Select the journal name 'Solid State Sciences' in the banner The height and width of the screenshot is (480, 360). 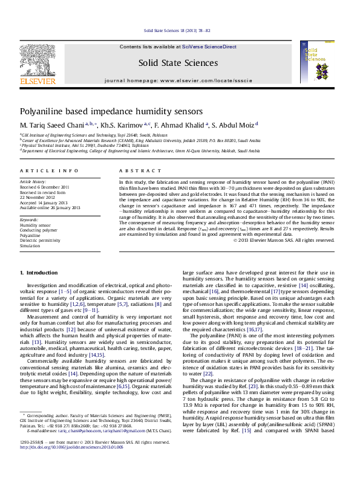(177, 63)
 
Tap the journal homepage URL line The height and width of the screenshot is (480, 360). (177, 80)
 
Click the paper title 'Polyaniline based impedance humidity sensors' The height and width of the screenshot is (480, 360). (103, 112)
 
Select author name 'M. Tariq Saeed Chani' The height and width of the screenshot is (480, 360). (52, 125)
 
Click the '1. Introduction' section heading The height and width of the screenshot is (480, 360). (39, 273)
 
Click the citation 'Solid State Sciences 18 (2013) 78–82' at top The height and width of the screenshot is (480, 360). (177, 30)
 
